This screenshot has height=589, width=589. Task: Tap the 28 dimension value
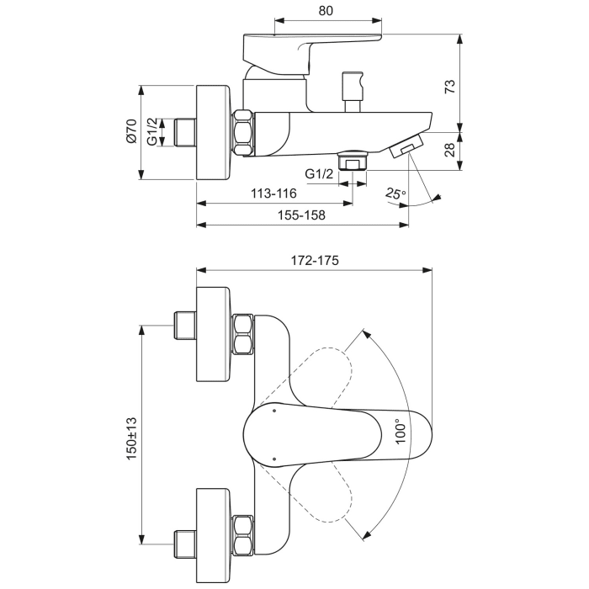(x=449, y=151)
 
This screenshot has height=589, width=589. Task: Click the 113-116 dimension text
(x=273, y=194)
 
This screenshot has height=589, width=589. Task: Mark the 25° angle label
(x=395, y=194)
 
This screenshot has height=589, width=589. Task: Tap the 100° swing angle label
(x=402, y=431)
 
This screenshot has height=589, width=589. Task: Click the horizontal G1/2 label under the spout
(x=320, y=173)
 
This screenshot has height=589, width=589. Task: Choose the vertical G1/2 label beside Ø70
(x=152, y=132)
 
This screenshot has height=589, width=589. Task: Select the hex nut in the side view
(x=243, y=133)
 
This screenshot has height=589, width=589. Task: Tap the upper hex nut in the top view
(x=243, y=333)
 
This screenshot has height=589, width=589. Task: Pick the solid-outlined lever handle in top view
(x=337, y=433)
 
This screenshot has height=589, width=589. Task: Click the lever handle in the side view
(x=311, y=46)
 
